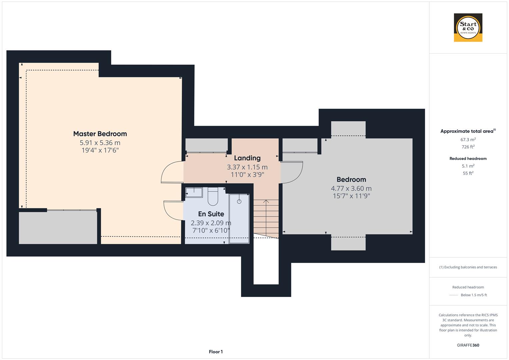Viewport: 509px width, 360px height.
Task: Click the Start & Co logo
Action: [x=468, y=27]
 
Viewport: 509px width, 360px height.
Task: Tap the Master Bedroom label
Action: [x=100, y=134]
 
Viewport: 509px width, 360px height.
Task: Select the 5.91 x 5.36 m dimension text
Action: [x=100, y=143]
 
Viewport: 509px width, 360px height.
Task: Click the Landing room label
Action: [x=247, y=158]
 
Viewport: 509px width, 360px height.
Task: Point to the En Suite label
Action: [x=211, y=214]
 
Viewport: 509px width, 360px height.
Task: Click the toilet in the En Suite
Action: [x=213, y=197]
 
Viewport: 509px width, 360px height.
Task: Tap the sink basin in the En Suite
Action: [x=194, y=193]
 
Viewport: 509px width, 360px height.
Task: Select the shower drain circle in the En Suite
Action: [x=239, y=202]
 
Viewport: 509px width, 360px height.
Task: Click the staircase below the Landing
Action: [x=266, y=217]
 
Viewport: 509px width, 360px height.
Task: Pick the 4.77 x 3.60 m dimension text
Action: [x=351, y=188]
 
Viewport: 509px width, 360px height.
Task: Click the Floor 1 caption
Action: [x=216, y=352]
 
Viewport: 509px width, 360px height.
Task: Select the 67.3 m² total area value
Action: [x=468, y=140]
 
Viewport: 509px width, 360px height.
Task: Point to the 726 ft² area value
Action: [x=468, y=147]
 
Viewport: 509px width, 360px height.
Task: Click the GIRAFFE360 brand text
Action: [x=468, y=345]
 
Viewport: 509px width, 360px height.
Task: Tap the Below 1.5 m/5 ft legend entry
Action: [x=473, y=295]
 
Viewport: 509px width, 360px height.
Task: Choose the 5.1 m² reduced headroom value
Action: [x=468, y=166]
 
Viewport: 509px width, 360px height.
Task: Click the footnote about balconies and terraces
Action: [x=468, y=267]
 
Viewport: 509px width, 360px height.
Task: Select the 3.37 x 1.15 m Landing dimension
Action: [x=247, y=167]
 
